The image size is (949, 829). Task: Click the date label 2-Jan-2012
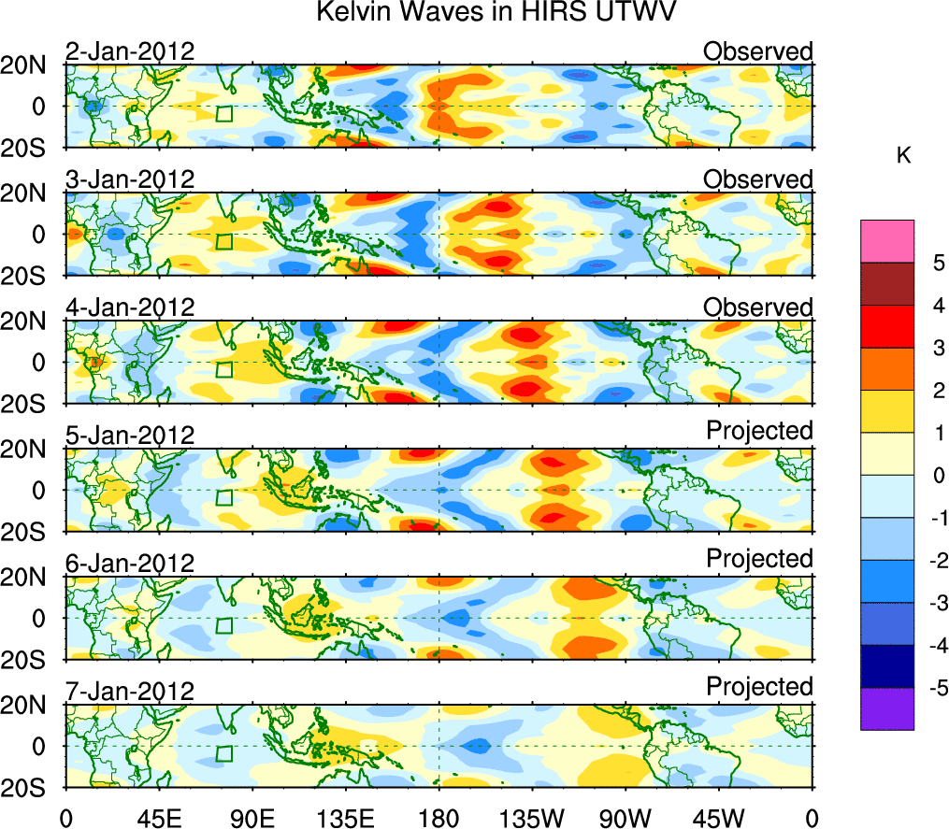click(130, 51)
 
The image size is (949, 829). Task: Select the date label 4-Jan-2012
click(130, 307)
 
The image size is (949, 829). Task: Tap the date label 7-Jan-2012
click(130, 692)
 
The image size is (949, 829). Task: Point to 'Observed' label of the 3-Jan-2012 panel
click(758, 179)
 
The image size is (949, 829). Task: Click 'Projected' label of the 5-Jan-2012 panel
click(759, 430)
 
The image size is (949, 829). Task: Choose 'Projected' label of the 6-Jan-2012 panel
click(759, 558)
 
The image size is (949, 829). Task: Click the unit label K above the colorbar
click(903, 156)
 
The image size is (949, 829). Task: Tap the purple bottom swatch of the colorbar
click(886, 708)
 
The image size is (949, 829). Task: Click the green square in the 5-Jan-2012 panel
click(223, 497)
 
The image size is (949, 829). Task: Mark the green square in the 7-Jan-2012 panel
click(223, 754)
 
